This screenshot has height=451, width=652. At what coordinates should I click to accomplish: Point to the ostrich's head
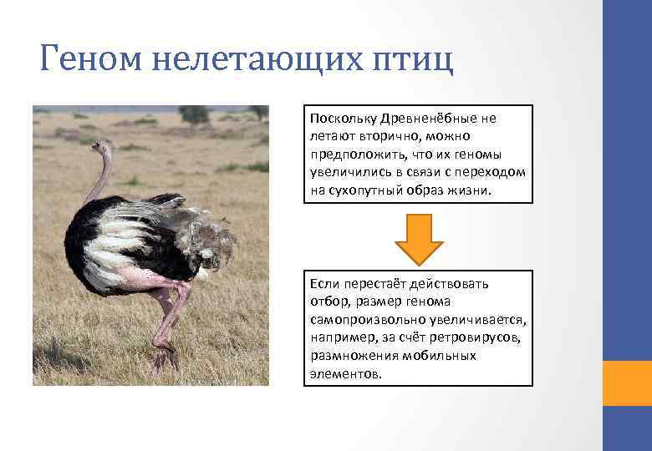(x=101, y=148)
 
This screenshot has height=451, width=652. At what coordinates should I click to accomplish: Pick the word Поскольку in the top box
(x=343, y=119)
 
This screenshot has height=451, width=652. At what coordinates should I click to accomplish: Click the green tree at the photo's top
(x=194, y=114)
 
